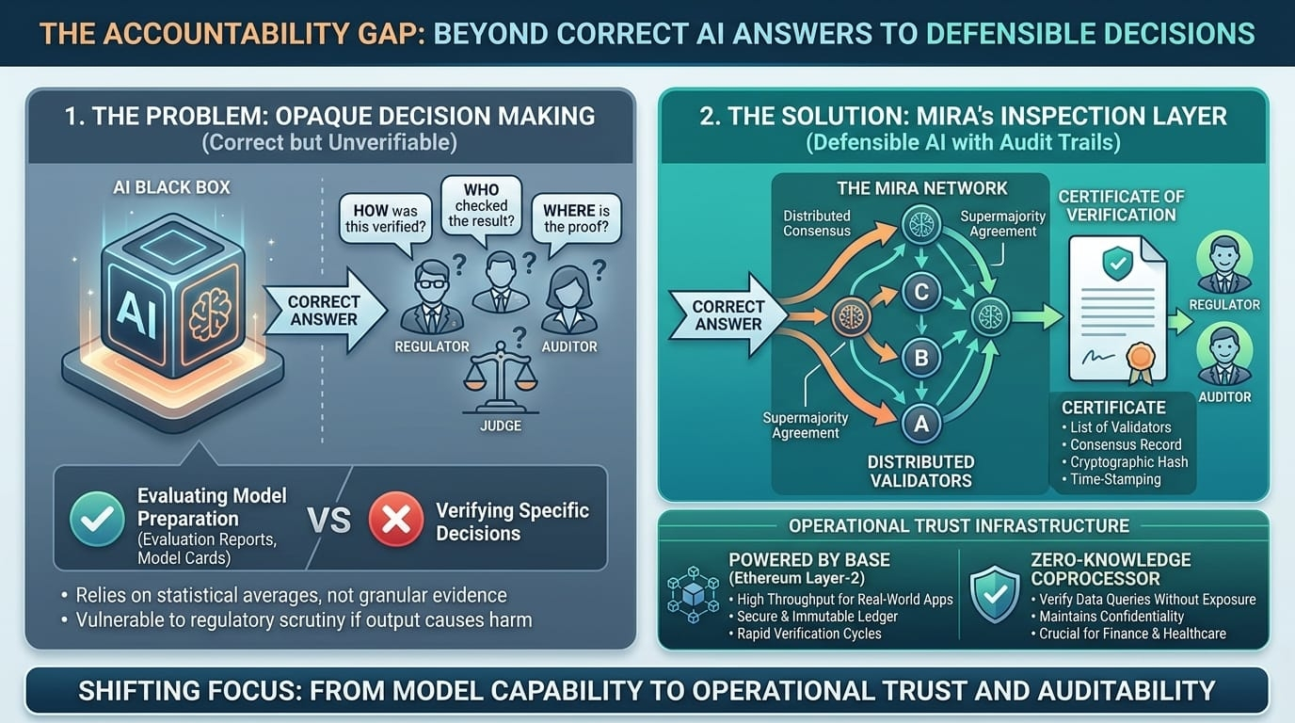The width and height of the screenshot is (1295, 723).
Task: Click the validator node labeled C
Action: (x=921, y=292)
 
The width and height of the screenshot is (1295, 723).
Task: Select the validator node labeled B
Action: (x=921, y=358)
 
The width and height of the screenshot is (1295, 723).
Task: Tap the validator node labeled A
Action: (x=921, y=424)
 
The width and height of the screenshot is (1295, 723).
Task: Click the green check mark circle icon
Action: (x=97, y=518)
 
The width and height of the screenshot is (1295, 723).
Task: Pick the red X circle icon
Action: (x=395, y=520)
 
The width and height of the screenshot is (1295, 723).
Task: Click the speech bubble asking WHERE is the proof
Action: (x=569, y=217)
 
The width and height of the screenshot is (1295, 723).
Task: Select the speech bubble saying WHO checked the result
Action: (x=481, y=204)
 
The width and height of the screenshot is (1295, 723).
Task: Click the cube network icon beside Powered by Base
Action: (x=692, y=596)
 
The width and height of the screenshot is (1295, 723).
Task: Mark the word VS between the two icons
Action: (x=329, y=521)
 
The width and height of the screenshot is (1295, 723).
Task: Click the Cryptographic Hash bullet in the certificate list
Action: (x=1128, y=462)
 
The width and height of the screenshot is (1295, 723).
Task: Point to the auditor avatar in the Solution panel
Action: (x=1224, y=356)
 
